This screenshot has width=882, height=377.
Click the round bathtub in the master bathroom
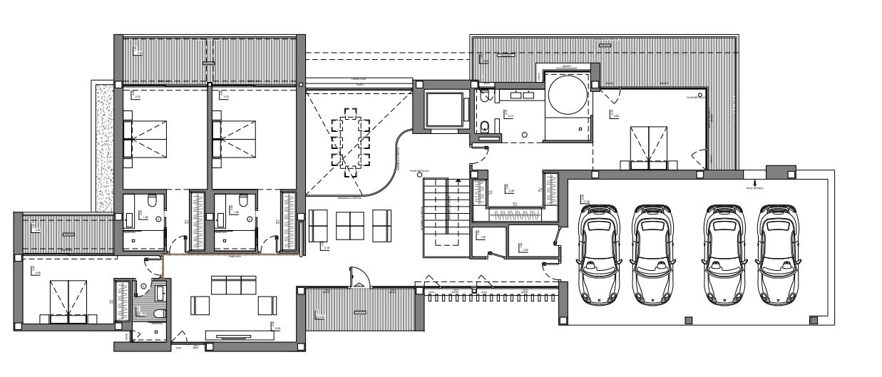tap(568, 94)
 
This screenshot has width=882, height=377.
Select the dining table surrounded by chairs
tap(350, 143)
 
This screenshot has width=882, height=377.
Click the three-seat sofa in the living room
tap(233, 286)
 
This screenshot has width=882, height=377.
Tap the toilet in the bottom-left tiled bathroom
tap(158, 312)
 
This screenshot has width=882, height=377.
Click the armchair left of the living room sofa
tap(200, 305)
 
